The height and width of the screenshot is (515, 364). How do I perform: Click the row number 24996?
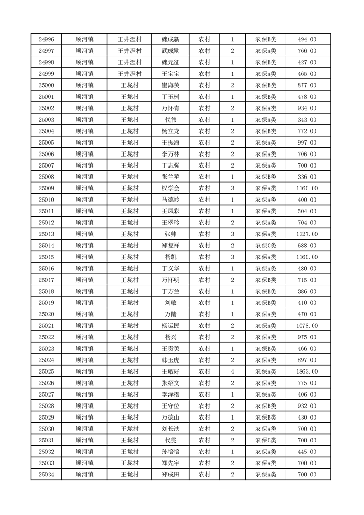pyautogui.click(x=46, y=39)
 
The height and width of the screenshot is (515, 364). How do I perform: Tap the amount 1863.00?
pyautogui.click(x=307, y=371)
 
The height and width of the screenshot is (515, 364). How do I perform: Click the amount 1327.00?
pyautogui.click(x=307, y=234)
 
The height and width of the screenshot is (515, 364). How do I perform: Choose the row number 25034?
pyautogui.click(x=46, y=475)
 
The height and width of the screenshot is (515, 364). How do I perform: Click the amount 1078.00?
pyautogui.click(x=307, y=326)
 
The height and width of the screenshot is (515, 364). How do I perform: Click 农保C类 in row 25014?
pyautogui.click(x=266, y=246)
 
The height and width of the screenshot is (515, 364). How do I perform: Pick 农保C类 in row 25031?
pyautogui.click(x=266, y=440)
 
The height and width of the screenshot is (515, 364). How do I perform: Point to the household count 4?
pyautogui.click(x=233, y=371)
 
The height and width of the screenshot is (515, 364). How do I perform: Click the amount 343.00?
pyautogui.click(x=307, y=120)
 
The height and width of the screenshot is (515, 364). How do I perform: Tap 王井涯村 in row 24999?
pyautogui.click(x=129, y=74)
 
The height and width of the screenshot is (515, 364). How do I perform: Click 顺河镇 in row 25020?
pyautogui.click(x=84, y=314)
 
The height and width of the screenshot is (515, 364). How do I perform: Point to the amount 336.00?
pyautogui.click(x=307, y=177)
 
